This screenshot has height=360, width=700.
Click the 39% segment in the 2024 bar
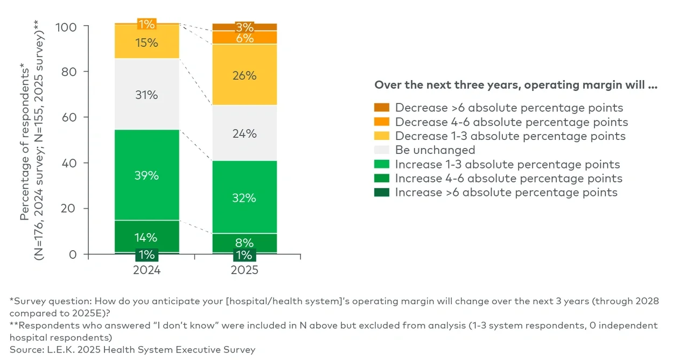146,175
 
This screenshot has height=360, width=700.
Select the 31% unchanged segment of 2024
146,95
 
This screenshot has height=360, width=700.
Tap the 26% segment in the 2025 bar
244,75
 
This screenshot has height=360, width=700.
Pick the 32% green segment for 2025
244,197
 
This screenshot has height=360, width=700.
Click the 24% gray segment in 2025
244,133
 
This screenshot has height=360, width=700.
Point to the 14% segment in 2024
146,237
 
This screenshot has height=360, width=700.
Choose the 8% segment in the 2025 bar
244,243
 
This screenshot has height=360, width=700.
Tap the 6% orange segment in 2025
244,38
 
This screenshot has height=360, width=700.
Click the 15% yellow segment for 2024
146,42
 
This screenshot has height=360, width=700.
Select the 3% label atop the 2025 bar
244,27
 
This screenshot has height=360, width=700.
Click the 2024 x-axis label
146,270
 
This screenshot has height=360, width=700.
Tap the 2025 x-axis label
244,270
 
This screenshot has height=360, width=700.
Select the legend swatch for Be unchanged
381,150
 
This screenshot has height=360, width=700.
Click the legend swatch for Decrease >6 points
381,108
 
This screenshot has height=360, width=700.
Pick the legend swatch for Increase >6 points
381,193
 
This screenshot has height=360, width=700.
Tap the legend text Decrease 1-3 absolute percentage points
510,136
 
